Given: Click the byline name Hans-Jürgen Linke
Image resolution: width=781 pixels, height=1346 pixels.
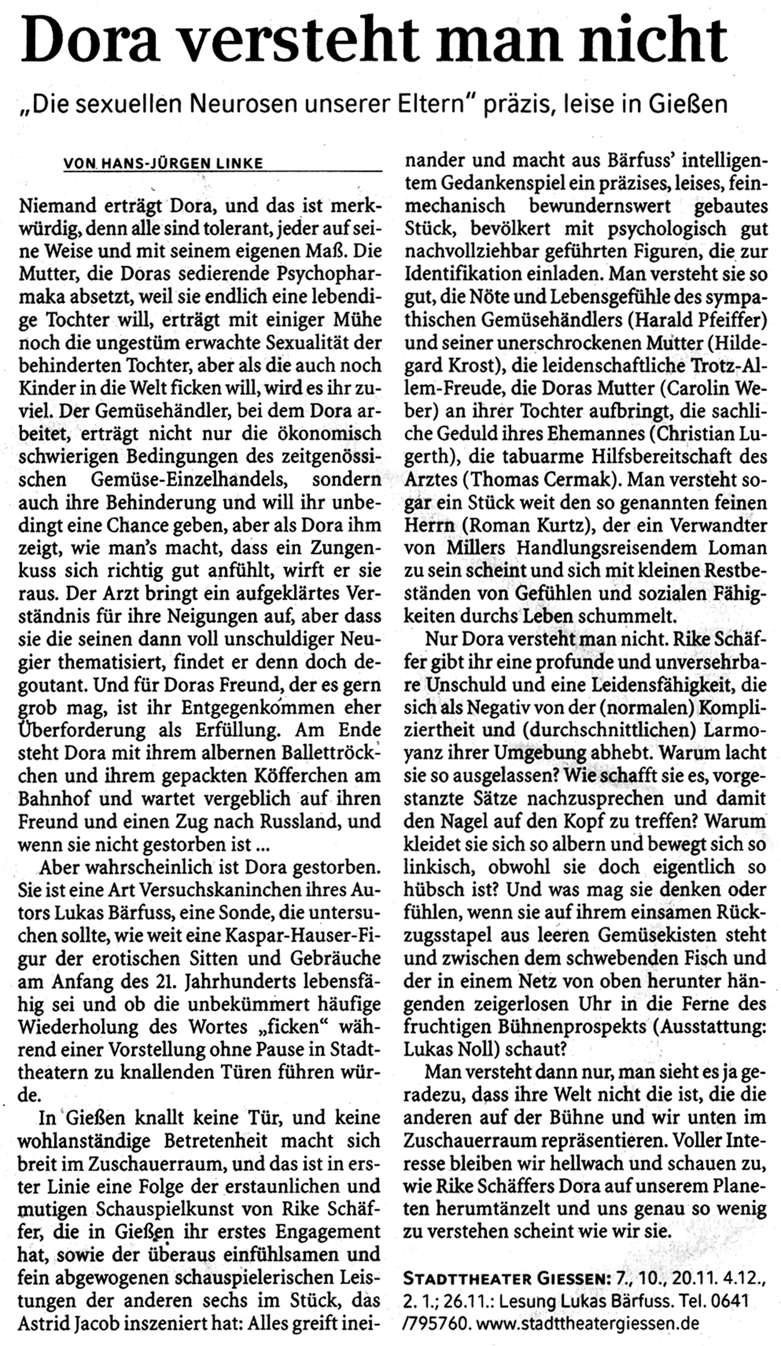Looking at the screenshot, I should pos(182,164).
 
